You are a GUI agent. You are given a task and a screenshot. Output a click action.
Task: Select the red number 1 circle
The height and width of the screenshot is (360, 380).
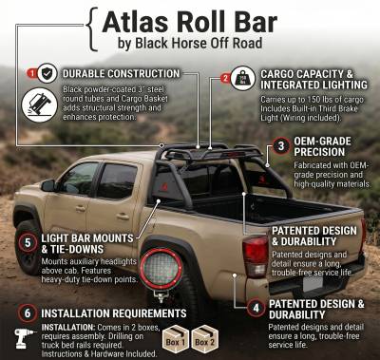point(31,73)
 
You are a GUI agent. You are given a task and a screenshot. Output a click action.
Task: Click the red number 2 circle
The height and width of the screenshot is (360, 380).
point(225,78)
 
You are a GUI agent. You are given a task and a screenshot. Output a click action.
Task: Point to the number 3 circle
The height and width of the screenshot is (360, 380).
point(282,145)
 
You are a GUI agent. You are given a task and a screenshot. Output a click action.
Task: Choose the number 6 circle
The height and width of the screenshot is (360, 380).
point(28,312)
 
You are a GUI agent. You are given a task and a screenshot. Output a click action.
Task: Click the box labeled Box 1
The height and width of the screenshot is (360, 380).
point(175,339)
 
